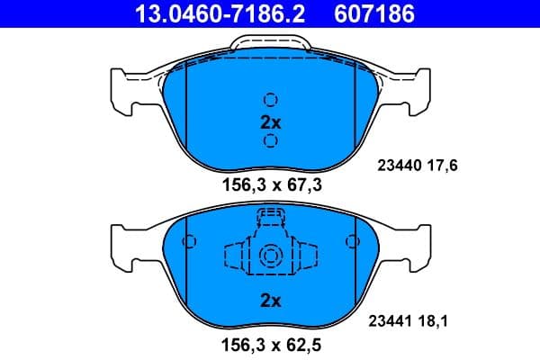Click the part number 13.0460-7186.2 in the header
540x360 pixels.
[x=205, y=14]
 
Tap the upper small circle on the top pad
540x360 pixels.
[x=270, y=100]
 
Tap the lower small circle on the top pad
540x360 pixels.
[x=270, y=140]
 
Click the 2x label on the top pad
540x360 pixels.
[x=270, y=121]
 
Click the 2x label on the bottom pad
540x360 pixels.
[x=270, y=300]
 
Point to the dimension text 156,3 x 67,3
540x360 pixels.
[x=270, y=185]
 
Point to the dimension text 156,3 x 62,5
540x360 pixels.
[x=270, y=344]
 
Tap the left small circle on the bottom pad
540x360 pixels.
[x=188, y=241]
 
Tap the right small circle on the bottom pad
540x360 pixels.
[x=352, y=241]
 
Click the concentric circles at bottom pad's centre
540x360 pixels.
[x=270, y=256]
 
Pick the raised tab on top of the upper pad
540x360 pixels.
[x=270, y=45]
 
